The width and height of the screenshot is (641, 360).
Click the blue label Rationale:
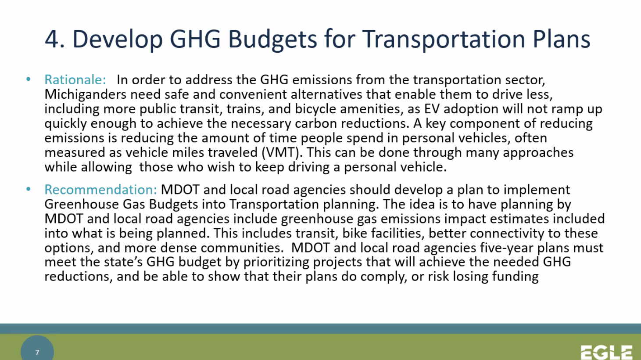click(x=75, y=79)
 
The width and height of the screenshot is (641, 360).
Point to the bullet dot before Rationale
click(x=29, y=79)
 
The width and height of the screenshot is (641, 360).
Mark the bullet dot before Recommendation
click(x=29, y=189)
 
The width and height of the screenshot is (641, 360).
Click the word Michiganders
click(x=85, y=94)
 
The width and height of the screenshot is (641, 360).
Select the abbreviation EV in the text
click(x=432, y=109)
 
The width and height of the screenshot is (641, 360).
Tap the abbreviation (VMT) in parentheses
click(x=282, y=153)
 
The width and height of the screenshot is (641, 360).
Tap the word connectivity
click(x=507, y=234)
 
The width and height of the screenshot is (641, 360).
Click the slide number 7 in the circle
click(x=37, y=352)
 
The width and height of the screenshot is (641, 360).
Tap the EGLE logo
click(x=606, y=352)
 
